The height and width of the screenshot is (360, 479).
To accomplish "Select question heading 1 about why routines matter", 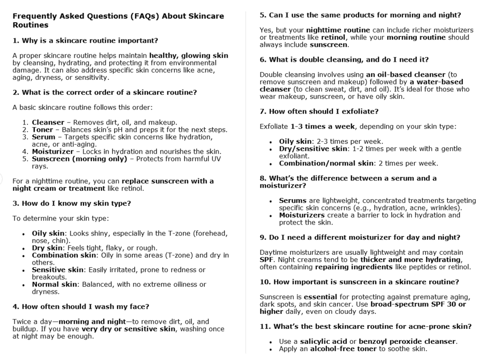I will [85, 40].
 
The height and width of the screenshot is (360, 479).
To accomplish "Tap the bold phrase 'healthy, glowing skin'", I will [189, 56].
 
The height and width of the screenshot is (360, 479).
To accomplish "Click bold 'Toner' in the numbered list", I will [43, 130].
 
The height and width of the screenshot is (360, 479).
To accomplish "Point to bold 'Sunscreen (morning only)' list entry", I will [79, 159].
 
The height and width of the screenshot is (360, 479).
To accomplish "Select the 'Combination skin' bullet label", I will [64, 255].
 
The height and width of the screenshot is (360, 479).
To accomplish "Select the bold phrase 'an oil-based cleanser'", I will [406, 75].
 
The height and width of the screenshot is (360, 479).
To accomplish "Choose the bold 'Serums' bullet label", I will [293, 200].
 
